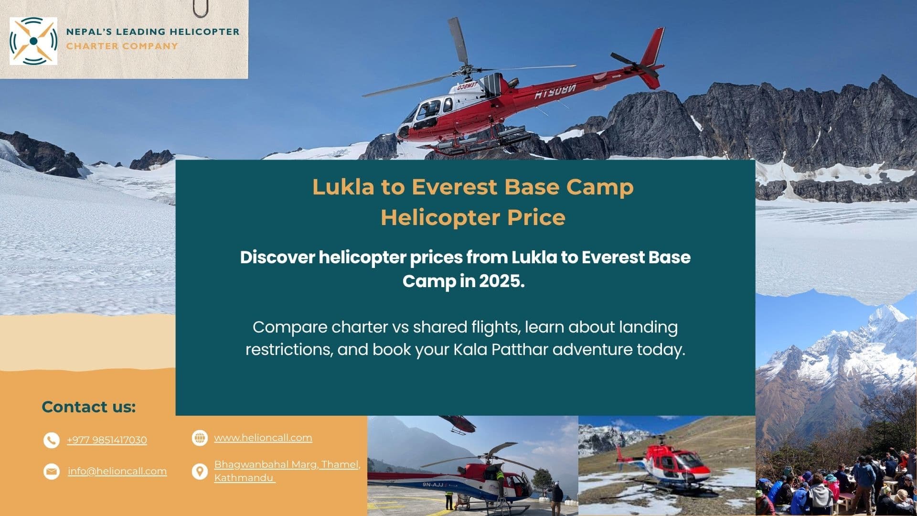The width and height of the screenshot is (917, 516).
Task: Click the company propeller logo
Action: coord(33,41)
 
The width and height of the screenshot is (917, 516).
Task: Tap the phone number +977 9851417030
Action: coord(107,440)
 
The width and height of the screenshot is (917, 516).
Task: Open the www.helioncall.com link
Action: coord(263,438)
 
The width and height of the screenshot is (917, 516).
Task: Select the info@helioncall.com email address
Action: coord(117,471)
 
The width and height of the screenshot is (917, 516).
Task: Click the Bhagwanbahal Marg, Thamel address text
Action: coord(287,464)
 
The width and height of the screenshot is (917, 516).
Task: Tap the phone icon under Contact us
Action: coord(51,440)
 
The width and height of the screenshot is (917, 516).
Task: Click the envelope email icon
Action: coord(51,472)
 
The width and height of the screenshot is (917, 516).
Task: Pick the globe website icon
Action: coord(200,438)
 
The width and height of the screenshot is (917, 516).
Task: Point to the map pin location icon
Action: coord(200,472)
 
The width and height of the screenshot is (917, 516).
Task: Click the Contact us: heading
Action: coord(89,407)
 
